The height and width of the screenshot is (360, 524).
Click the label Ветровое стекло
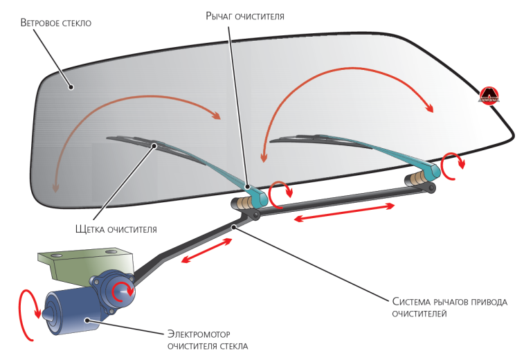point(56,23)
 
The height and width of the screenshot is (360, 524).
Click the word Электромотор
point(199,332)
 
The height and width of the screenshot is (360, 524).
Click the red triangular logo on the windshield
point(489,94)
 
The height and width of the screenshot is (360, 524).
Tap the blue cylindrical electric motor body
point(69,313)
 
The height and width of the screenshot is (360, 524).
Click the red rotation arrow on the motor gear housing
point(123,289)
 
